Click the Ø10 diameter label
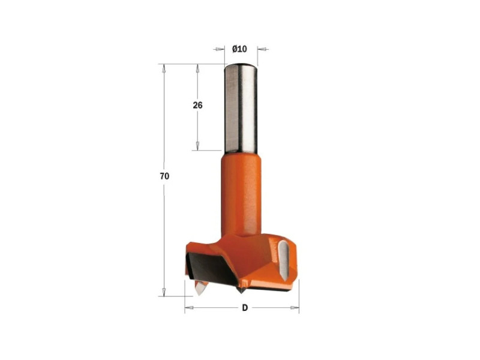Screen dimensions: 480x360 (239, 49)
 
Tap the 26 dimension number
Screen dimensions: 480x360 (198, 106)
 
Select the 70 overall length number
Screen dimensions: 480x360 (164, 176)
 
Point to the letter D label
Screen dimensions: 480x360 (245, 308)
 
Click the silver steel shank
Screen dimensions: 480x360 (241, 108)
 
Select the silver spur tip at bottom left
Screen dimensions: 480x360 (200, 288)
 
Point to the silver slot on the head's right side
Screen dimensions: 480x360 (284, 260)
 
